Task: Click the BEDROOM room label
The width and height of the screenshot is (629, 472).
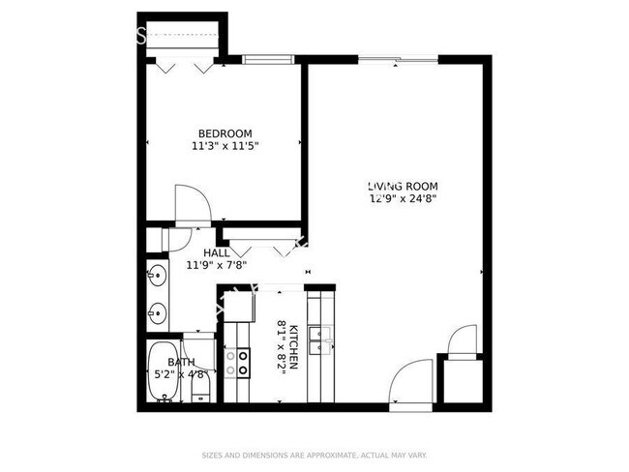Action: [225, 133]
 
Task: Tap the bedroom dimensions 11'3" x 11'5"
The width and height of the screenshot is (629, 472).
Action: [225, 146]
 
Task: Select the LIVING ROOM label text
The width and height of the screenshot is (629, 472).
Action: [403, 187]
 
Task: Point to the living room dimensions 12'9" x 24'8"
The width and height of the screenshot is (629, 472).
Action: [403, 199]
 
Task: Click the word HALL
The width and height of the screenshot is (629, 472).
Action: [217, 252]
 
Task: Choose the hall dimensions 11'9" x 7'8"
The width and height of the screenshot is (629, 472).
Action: [217, 264]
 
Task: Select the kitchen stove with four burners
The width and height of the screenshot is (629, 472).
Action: [237, 363]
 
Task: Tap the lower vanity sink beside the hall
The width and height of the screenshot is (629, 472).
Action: [156, 312]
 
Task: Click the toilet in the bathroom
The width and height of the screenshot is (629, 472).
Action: [200, 387]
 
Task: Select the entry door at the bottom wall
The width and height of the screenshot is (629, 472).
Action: [411, 382]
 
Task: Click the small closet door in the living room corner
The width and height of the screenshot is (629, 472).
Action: [463, 341]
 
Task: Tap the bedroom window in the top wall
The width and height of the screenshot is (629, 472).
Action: [268, 60]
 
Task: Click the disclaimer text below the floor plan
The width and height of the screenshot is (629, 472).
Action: [314, 454]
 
